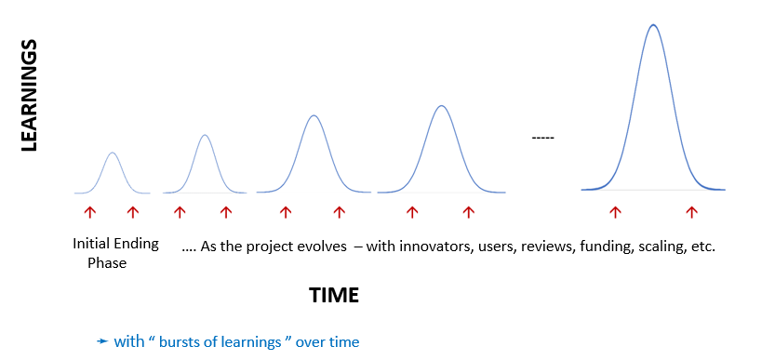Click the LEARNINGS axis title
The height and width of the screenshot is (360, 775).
(x=30, y=96)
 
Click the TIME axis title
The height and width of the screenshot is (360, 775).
(x=334, y=295)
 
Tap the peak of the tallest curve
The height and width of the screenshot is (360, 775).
(x=653, y=25)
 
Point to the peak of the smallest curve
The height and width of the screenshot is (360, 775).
(x=113, y=153)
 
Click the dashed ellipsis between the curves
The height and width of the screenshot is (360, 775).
(x=542, y=138)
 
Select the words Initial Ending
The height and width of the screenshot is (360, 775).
(x=115, y=245)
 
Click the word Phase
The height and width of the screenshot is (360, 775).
(x=107, y=263)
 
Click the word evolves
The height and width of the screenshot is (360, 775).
(x=323, y=247)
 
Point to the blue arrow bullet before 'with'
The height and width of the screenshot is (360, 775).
(x=102, y=341)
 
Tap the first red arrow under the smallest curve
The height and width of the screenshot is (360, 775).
(x=89, y=212)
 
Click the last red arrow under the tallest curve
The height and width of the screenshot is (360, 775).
(x=691, y=212)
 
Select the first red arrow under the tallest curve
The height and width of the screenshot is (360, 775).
(x=615, y=212)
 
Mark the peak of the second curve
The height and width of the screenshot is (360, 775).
(x=205, y=135)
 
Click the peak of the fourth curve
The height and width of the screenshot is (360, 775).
(x=441, y=106)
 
